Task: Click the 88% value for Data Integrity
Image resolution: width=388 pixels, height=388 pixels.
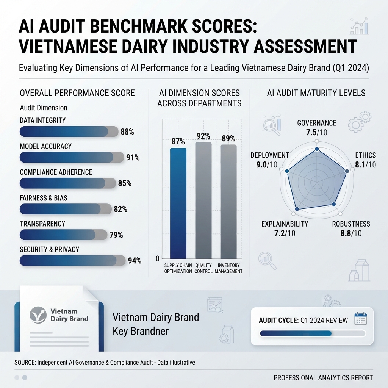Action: pos(127,132)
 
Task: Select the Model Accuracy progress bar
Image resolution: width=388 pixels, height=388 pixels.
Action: pos(72,157)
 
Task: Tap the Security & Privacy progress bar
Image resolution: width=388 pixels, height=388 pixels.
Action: pos(72,261)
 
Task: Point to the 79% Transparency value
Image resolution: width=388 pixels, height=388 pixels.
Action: pos(116,235)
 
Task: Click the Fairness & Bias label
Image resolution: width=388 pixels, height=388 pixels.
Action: pos(44,198)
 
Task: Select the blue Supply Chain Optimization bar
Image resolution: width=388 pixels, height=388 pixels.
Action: pos(178,203)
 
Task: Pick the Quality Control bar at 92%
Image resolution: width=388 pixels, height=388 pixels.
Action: pos(203,200)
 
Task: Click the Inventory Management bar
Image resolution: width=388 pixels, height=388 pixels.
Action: pos(228,202)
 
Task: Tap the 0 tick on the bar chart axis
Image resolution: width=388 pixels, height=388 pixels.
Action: pos(158,258)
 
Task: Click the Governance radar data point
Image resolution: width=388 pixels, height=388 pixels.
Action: pos(317,149)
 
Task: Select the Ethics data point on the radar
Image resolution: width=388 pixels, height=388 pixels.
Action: pos(347,171)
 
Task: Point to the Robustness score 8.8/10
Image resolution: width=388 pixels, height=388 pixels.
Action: pos(351,233)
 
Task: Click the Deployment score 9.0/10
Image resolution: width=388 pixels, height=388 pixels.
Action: pos(267,164)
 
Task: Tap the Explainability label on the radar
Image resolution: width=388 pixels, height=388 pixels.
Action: pos(285,224)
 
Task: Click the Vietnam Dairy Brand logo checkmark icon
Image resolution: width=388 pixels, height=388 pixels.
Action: pos(38,315)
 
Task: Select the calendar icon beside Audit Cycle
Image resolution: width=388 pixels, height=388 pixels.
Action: pos(361,319)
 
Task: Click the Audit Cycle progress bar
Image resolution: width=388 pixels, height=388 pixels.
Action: pos(313,333)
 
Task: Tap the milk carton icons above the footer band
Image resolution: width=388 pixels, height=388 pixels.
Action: pos(359,271)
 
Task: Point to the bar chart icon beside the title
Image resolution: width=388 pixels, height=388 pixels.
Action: pos(359,26)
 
